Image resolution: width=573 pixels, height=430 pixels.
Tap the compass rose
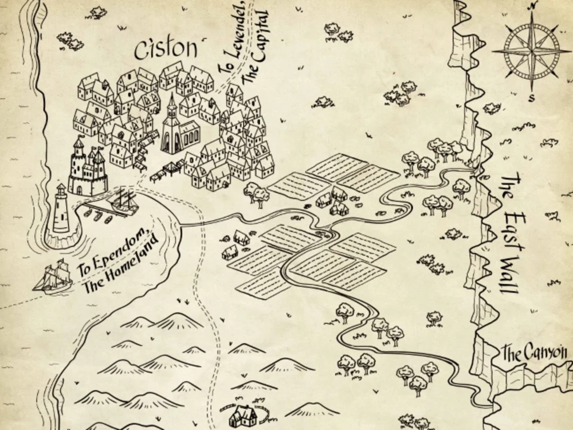click(531, 52)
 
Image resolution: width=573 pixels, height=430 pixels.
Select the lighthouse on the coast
click(61, 209)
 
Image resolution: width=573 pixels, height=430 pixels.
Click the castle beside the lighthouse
click(88, 168)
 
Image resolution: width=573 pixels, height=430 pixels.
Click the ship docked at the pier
click(125, 201)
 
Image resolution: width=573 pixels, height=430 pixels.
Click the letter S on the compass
click(531, 97)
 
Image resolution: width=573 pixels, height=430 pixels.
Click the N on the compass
click(533, 5)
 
